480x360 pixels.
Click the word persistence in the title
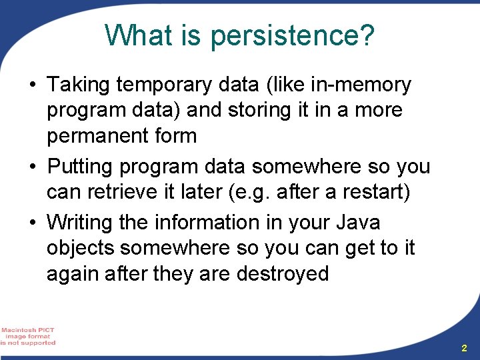tap(293, 36)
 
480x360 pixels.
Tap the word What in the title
tap(138, 34)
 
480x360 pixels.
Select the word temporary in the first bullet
tap(164, 85)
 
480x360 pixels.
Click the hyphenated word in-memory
tap(361, 85)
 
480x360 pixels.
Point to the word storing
tap(259, 111)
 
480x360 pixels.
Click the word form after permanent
tap(175, 135)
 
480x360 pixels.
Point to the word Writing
tap(79, 223)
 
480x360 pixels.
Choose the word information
tap(207, 222)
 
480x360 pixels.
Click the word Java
tap(358, 222)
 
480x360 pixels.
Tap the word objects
tap(81, 248)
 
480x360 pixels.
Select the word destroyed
tap(283, 274)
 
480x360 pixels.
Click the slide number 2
tap(464, 348)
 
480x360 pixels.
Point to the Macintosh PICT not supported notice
tap(27, 337)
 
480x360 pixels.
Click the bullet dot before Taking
tap(33, 84)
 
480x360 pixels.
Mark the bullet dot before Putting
tap(33, 167)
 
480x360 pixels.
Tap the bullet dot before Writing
tap(33, 222)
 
